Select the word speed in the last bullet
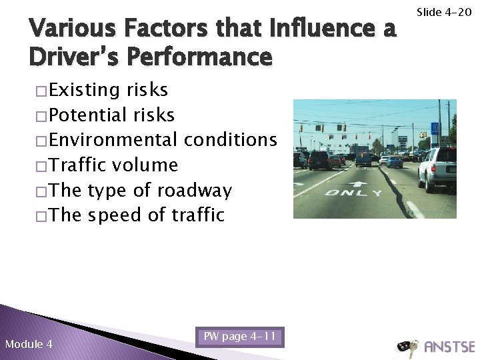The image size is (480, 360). tap(118, 215)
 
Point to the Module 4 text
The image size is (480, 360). tap(29, 344)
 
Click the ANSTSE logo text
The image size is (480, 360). tap(449, 347)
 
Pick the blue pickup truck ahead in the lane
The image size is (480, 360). tap(363, 159)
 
